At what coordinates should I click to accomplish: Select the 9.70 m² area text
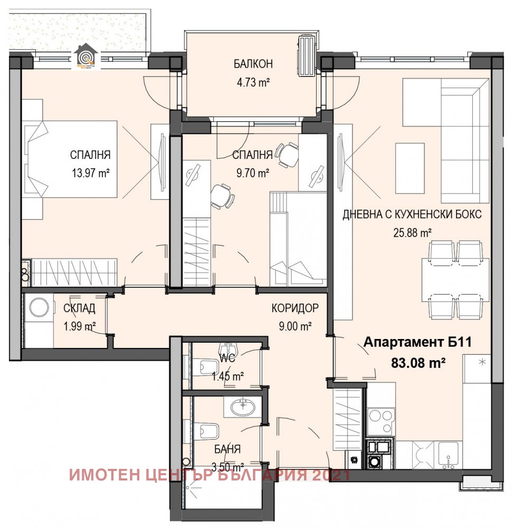(x=252, y=172)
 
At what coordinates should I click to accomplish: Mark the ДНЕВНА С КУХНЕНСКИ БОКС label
(x=412, y=215)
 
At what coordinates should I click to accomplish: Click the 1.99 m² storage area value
(x=79, y=326)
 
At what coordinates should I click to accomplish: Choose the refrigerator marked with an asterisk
(x=477, y=369)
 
